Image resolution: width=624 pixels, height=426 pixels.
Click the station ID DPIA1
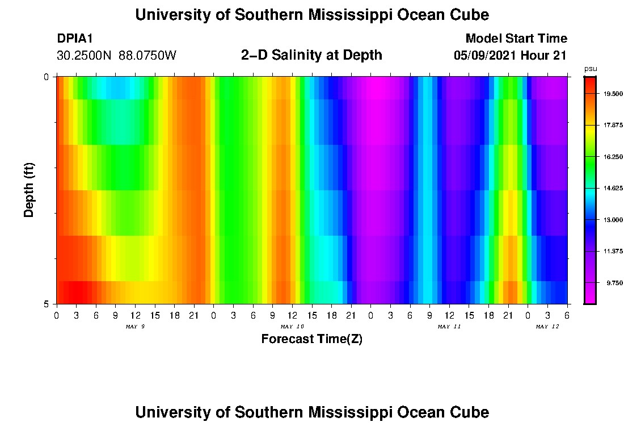tap(75, 39)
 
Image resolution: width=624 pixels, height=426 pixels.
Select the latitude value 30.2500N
tap(85, 56)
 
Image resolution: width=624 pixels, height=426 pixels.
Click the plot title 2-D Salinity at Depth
tap(311, 55)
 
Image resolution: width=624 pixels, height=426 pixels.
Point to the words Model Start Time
tap(516, 39)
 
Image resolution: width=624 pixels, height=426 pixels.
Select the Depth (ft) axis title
tap(29, 190)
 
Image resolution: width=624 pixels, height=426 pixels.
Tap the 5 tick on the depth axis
tap(46, 304)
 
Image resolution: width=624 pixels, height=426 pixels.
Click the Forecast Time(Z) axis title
tap(311, 340)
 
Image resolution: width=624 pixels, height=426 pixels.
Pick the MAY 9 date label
tap(135, 327)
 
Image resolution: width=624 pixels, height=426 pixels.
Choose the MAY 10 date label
tap(292, 327)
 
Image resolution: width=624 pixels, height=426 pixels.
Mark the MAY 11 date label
tap(449, 327)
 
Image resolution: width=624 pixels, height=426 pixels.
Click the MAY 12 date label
tap(547, 327)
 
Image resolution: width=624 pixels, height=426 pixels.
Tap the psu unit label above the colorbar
tap(590, 69)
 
